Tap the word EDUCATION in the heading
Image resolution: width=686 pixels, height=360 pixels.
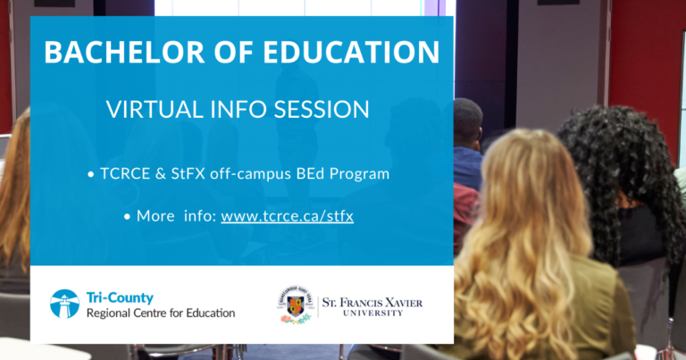(x=351, y=52)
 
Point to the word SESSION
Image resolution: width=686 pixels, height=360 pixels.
(x=322, y=109)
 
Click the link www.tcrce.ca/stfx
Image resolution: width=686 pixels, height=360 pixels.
(x=287, y=216)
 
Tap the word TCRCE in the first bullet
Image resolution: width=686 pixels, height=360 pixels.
(x=125, y=173)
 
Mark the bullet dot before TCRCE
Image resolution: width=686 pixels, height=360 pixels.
(x=90, y=175)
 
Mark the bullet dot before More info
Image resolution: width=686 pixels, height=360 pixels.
(x=127, y=217)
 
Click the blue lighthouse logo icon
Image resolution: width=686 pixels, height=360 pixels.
(x=64, y=304)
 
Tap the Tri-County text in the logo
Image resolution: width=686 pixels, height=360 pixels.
(x=120, y=297)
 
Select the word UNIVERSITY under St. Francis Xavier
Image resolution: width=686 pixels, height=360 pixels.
(x=372, y=314)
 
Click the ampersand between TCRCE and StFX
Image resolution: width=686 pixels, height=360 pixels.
(x=161, y=173)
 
